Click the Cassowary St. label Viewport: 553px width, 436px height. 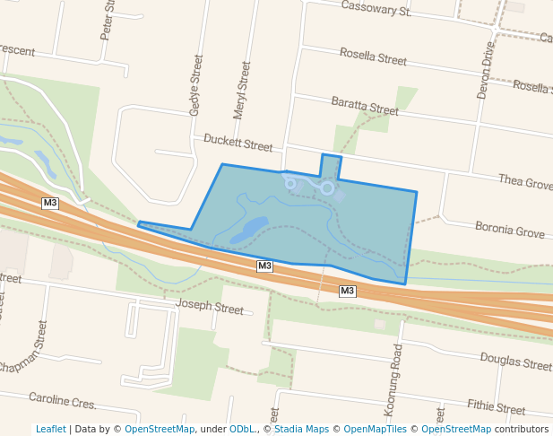pos(376,11)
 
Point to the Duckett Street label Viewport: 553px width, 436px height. pos(238,143)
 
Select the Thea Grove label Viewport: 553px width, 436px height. pos(525,182)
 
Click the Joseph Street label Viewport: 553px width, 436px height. pos(210,308)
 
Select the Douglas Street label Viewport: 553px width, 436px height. pos(515,362)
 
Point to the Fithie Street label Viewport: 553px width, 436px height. pos(496,408)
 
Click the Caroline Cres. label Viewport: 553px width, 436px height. pos(62,400)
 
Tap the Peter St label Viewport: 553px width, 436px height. pos(108,20)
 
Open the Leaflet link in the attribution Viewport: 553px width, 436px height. pos(50,429)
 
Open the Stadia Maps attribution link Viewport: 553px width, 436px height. pos(301,429)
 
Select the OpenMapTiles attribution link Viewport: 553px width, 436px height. pos(375,429)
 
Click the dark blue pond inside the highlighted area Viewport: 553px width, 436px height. pos(249,230)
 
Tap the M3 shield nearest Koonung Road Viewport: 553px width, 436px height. pos(348,291)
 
